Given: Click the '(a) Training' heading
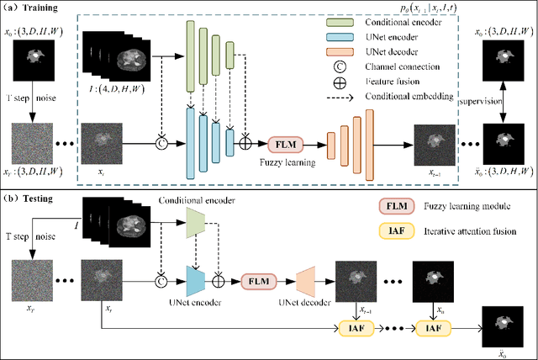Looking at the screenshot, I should point(33,8).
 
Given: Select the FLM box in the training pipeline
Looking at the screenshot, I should point(285,144).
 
